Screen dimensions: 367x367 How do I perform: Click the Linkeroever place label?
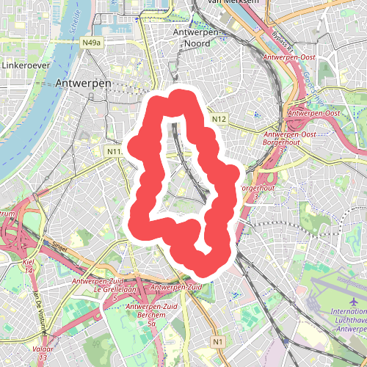[24, 65]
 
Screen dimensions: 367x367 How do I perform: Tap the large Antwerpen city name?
[83, 84]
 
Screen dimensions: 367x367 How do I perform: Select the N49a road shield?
[91, 43]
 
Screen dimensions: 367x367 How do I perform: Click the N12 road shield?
[218, 119]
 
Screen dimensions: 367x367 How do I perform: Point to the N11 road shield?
[113, 151]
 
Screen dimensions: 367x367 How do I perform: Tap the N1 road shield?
[217, 342]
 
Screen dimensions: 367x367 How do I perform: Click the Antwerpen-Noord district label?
[198, 38]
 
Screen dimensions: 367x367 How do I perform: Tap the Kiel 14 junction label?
[29, 266]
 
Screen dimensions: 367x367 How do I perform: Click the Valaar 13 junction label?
[43, 353]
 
